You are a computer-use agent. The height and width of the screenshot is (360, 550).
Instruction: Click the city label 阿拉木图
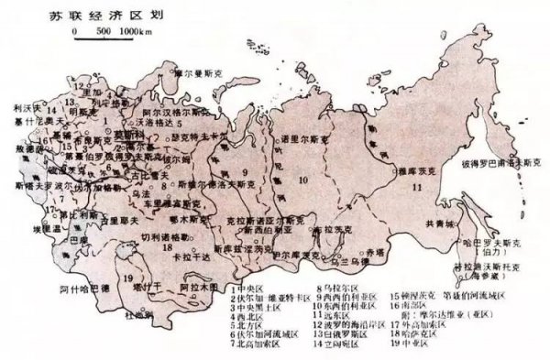coord(200,286)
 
